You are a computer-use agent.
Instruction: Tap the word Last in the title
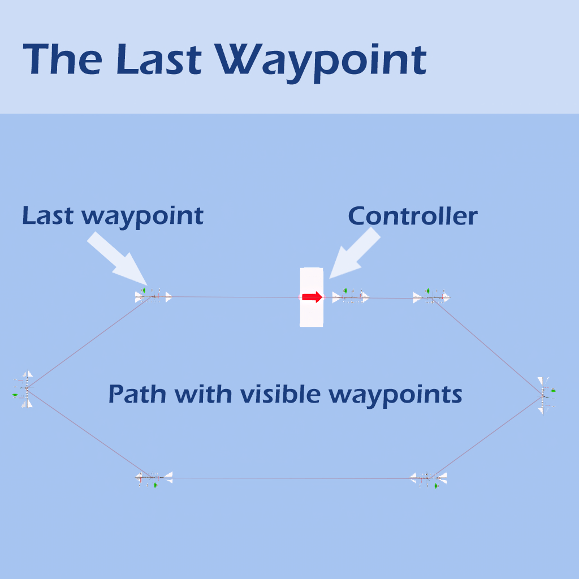[x=159, y=59]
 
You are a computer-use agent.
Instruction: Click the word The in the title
[x=62, y=59]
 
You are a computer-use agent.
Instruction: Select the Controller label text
[x=413, y=216]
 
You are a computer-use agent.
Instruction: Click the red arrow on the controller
[x=312, y=297]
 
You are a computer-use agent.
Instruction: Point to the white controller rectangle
[x=312, y=297]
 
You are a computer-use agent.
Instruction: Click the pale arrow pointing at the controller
[x=355, y=253]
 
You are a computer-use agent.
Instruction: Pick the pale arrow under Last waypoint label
[x=118, y=259]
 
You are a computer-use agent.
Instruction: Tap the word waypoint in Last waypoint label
[x=142, y=217]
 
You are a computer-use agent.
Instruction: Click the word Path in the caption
[x=137, y=394]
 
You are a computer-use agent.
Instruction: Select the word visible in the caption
[x=280, y=394]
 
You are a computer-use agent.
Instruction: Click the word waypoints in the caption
[x=395, y=395]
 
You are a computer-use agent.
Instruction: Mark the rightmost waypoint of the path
[x=545, y=395]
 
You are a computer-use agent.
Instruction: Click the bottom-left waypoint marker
[x=153, y=478]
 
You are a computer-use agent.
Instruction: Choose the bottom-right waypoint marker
[x=429, y=479]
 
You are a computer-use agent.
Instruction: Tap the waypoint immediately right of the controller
[x=351, y=296]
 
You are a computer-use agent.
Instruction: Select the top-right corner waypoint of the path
[x=431, y=296]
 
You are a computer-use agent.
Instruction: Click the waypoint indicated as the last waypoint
[x=153, y=296]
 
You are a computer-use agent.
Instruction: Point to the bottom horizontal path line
[x=292, y=478]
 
